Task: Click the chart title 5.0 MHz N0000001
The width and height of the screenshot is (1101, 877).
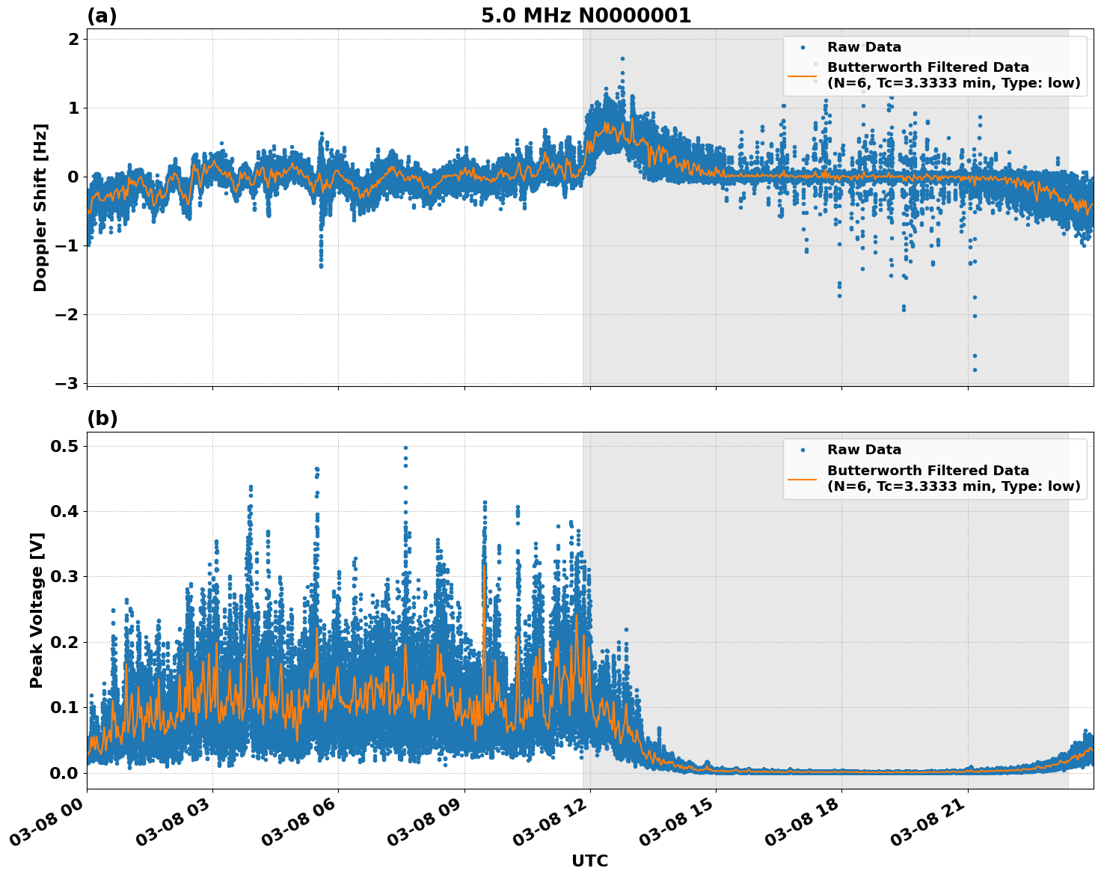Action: coord(586,16)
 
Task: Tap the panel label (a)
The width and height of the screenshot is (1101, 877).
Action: coord(102,16)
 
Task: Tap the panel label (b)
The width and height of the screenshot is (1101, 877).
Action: coord(102,418)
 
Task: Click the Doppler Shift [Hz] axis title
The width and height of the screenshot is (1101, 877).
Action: coord(40,207)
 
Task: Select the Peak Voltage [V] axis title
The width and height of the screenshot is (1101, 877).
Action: coord(37,610)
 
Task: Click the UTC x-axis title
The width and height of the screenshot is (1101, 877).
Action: coord(589,861)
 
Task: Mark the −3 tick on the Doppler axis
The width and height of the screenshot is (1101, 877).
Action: coord(67,383)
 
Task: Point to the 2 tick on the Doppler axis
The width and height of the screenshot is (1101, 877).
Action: coord(73,39)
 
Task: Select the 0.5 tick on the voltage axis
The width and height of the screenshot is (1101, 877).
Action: coord(65,446)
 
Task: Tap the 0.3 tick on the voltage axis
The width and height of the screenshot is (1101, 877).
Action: coord(65,577)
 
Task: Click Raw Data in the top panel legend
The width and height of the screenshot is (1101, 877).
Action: coord(864,47)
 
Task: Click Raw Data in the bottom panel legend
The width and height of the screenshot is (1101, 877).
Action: coord(864,450)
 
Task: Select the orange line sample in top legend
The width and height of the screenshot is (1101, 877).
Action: coord(803,75)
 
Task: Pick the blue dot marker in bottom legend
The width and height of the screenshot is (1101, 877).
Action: coord(803,450)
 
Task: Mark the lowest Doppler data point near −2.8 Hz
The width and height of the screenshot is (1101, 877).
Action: coord(975,370)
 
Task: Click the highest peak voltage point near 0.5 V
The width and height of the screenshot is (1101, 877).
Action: coord(406,448)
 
